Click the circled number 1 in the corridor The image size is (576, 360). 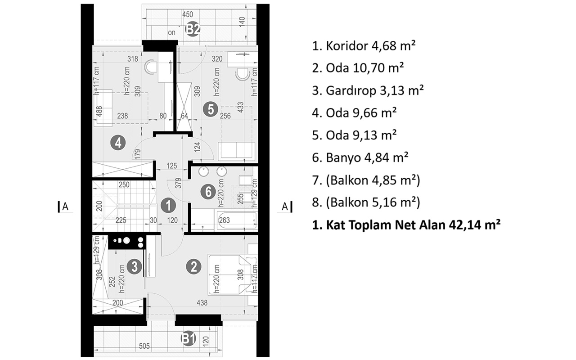(168, 206)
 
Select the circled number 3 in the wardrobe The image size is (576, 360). (135, 266)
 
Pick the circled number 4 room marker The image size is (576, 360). (118, 143)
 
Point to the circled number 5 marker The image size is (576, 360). (211, 109)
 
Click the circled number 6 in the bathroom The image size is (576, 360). (208, 192)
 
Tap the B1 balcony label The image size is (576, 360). (189, 339)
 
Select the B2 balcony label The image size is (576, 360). (193, 30)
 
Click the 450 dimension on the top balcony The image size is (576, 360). (188, 14)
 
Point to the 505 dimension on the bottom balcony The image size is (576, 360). (144, 346)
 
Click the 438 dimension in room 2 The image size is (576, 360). (202, 303)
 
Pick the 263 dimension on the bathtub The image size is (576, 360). (225, 220)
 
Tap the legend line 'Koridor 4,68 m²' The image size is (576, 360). (364, 46)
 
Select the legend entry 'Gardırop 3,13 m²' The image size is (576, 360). (368, 90)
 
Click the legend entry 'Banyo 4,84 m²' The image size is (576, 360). (360, 157)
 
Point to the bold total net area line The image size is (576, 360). (406, 225)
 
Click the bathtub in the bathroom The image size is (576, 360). (237, 220)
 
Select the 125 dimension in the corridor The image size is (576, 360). (171, 166)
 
